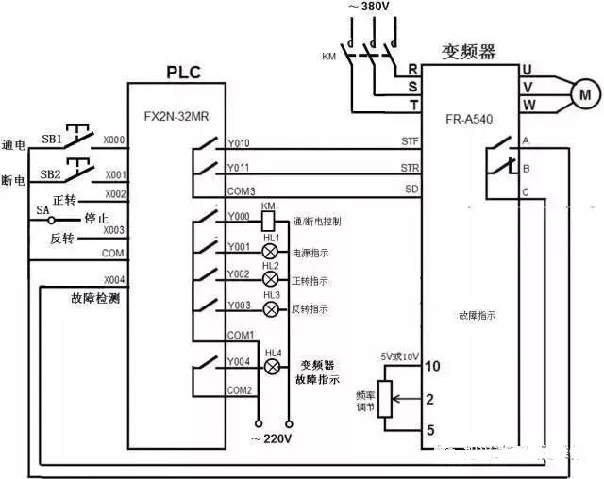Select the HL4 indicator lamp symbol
273,366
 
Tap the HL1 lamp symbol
270,253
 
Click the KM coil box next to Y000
268,221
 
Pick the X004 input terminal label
114,280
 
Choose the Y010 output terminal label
238,144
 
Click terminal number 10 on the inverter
433,366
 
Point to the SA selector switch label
42,209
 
